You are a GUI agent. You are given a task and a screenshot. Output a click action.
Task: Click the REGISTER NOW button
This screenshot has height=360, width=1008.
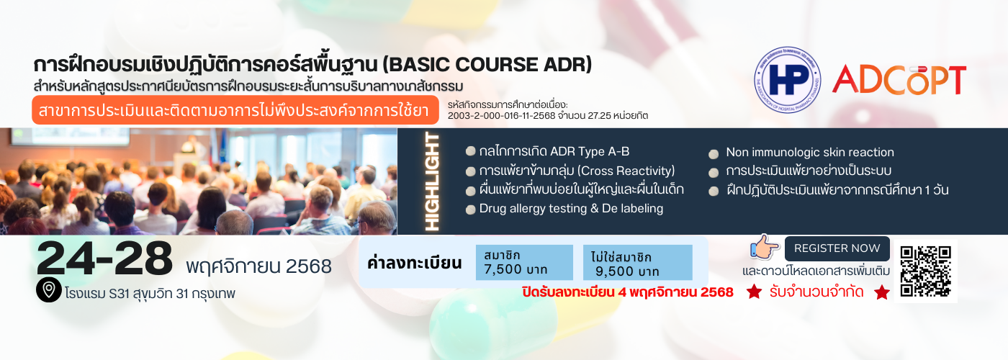point(837,248)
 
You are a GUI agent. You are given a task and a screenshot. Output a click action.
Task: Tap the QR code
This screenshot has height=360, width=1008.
point(926,271)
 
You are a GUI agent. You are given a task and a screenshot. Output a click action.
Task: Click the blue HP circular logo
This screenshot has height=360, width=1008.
point(787,80)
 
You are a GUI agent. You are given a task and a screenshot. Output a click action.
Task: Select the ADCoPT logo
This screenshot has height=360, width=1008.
point(899,80)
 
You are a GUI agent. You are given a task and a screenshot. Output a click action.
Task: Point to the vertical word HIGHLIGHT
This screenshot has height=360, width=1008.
point(432,181)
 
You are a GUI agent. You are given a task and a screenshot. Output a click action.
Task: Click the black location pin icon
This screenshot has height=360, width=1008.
point(49,289)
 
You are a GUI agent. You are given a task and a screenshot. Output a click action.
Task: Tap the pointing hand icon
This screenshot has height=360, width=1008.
point(765,247)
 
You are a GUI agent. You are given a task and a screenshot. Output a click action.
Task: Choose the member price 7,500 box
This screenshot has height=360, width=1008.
point(524,262)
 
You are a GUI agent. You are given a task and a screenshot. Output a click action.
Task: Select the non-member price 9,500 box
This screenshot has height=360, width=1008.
point(638,262)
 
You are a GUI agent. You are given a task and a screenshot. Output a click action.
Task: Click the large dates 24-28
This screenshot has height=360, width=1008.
point(104,258)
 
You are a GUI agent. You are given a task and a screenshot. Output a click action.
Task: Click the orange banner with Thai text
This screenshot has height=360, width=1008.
point(235,109)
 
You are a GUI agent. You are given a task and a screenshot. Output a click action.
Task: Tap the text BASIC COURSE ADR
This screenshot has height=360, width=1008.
point(487,65)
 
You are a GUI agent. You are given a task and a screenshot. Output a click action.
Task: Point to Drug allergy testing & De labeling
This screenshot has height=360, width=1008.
point(571,208)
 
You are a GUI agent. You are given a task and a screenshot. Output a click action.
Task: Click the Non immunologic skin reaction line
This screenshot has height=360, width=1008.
point(810,152)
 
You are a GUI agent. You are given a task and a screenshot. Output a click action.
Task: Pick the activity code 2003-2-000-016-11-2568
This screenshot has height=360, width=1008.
point(501,116)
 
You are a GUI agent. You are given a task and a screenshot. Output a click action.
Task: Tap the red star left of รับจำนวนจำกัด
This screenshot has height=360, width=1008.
point(755,292)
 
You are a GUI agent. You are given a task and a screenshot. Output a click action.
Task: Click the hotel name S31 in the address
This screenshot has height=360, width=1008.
point(120,294)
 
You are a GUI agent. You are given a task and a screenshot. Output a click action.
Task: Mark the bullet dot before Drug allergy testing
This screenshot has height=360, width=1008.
point(470,210)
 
